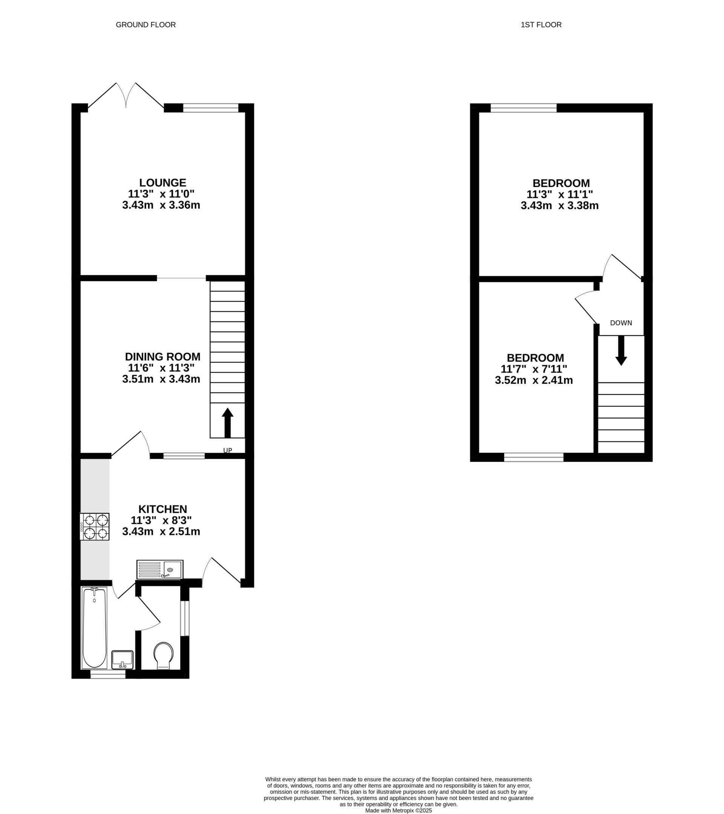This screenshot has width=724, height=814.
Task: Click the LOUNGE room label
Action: coord(163,183)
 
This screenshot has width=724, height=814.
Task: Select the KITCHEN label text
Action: coord(163,509)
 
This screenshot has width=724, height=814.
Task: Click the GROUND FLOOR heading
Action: coord(146,25)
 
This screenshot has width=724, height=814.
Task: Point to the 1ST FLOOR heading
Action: coord(541,25)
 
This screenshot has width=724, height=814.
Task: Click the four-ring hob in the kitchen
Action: coord(95,526)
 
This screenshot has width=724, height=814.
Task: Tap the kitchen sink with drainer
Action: coord(160,569)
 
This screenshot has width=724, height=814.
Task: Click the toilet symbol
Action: coord(164,655)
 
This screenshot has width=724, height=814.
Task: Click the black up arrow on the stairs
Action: coord(227,423)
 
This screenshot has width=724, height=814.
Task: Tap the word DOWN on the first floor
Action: coord(621,323)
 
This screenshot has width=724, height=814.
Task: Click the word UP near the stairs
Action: coord(228,451)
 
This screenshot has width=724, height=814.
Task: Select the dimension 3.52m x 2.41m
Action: coord(534,380)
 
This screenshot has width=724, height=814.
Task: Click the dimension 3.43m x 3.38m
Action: coord(560,206)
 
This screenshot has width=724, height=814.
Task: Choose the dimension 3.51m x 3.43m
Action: coord(161,379)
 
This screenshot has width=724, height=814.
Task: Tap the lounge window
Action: coord(210,108)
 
